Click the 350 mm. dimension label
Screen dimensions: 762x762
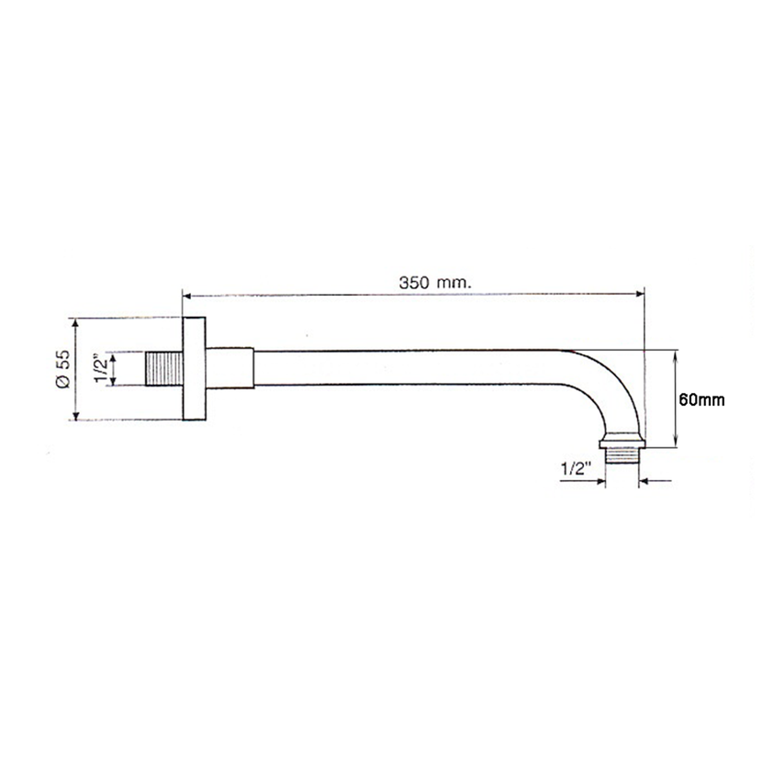pos(435,283)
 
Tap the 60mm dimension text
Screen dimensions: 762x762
pos(701,399)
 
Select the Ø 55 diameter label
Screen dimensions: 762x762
pos(63,369)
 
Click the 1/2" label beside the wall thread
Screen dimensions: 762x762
pos(101,369)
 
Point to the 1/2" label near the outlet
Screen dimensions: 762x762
pos(576,469)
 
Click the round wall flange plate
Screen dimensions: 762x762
pos(194,368)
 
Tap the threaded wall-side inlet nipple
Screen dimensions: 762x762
pos(164,369)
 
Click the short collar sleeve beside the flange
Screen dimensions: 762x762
pos(230,368)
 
